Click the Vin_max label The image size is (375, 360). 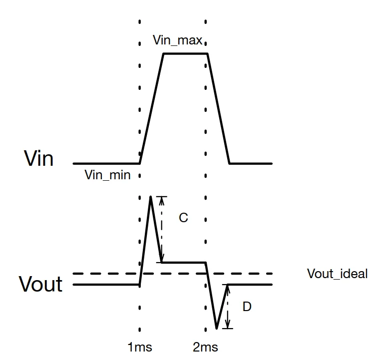(x=177, y=40)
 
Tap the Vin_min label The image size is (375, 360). (x=108, y=175)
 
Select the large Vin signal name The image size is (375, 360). (x=38, y=158)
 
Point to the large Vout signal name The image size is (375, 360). (x=40, y=284)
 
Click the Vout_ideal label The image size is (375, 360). (x=337, y=274)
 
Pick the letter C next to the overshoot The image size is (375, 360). (x=183, y=218)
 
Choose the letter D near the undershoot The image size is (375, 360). (x=247, y=307)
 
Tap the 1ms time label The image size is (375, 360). (x=140, y=347)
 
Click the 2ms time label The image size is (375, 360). (x=205, y=347)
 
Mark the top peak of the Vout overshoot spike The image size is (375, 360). (x=151, y=197)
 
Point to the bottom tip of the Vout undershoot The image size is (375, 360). (x=217, y=329)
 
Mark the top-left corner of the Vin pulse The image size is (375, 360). (x=164, y=54)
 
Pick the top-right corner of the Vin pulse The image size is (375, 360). (x=207, y=54)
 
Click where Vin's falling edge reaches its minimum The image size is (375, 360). (x=230, y=164)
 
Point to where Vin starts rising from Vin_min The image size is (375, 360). (x=140, y=164)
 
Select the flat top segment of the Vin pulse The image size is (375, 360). (x=185, y=54)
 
